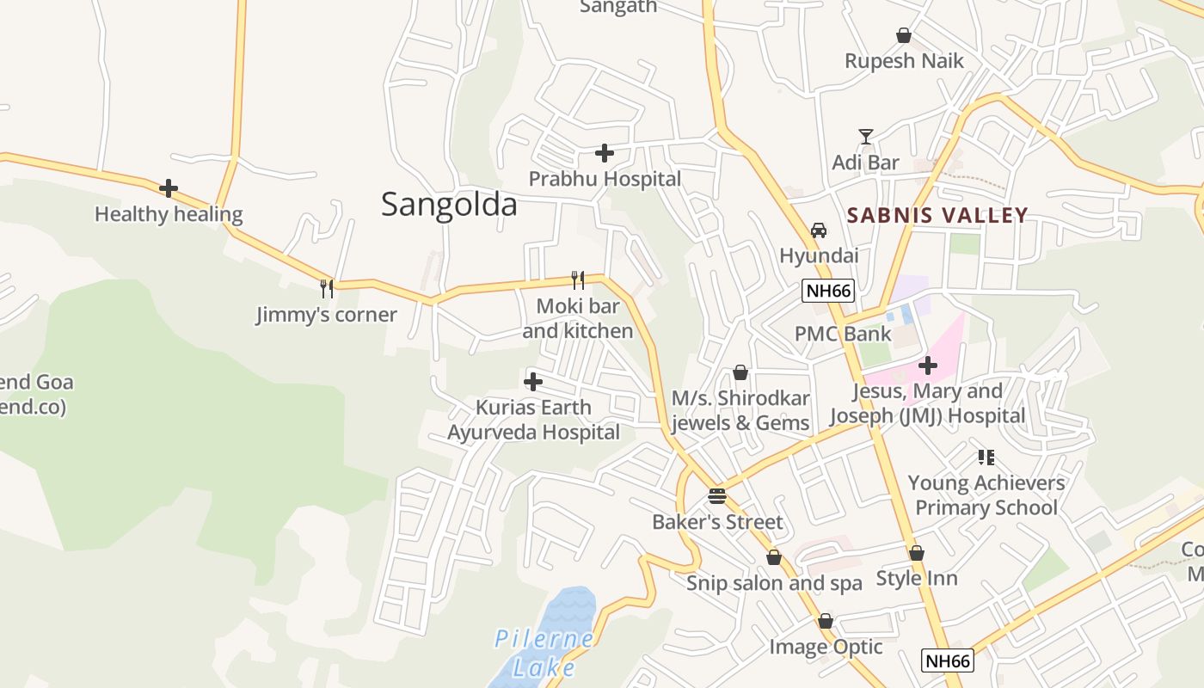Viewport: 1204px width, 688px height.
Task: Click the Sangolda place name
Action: coord(449,205)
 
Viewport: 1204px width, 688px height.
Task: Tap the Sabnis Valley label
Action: coord(937,215)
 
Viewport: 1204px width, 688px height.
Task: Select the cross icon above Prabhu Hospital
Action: coord(605,154)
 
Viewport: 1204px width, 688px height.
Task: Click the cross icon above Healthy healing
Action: coord(169,188)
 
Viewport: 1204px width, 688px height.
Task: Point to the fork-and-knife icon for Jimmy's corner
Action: coord(327,288)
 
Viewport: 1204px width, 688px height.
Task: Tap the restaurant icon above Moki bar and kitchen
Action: coord(578,279)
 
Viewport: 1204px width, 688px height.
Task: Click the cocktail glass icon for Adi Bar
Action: coord(866,137)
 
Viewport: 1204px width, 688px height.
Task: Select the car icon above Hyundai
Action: coord(819,230)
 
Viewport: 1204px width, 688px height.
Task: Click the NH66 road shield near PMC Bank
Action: coord(828,291)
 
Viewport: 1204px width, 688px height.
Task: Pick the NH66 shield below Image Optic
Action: coord(947,660)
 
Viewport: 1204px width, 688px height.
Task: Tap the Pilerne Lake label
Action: coord(544,653)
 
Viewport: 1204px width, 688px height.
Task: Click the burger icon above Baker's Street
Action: coord(717,496)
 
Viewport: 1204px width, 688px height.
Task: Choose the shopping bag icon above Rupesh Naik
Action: coord(904,35)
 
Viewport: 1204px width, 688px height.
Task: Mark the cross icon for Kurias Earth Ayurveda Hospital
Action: coord(533,382)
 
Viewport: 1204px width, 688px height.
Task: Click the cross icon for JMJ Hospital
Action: coord(927,365)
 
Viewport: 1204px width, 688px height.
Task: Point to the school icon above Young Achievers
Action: coord(986,458)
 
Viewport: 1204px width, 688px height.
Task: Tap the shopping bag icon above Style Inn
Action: coord(917,553)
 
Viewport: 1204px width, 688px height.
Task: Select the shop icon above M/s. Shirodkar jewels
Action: coord(740,372)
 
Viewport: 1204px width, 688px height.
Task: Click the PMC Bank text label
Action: coord(842,334)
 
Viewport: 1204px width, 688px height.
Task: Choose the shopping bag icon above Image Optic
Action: coord(826,621)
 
